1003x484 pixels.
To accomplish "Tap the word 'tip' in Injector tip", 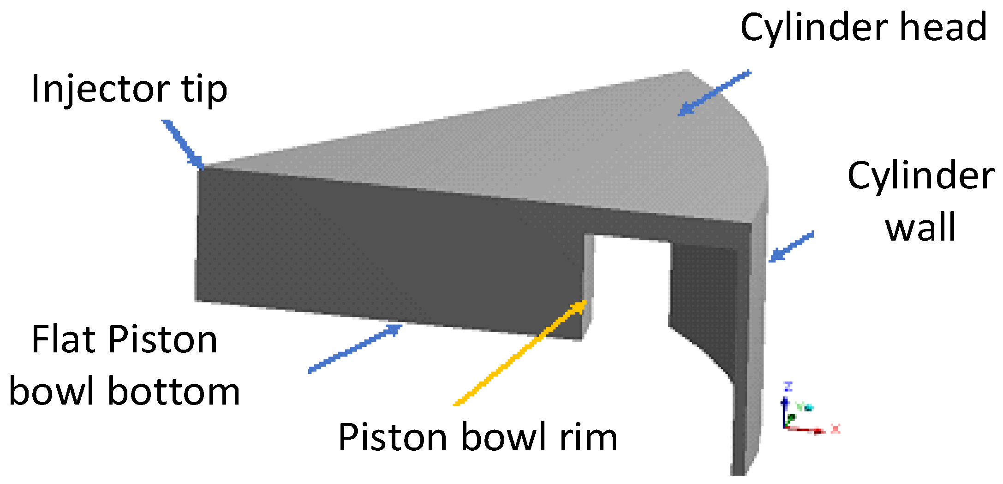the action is (x=204, y=89).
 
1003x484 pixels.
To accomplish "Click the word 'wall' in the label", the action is (x=921, y=227).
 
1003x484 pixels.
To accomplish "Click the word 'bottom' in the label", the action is (x=174, y=392).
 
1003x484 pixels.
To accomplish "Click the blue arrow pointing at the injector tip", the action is (x=182, y=143).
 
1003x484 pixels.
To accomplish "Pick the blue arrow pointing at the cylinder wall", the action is (x=791, y=248).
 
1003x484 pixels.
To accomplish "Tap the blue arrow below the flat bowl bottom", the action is (x=355, y=349).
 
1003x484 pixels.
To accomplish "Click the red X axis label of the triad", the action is (x=836, y=429).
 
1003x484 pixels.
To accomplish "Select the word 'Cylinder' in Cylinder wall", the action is (x=921, y=176).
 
